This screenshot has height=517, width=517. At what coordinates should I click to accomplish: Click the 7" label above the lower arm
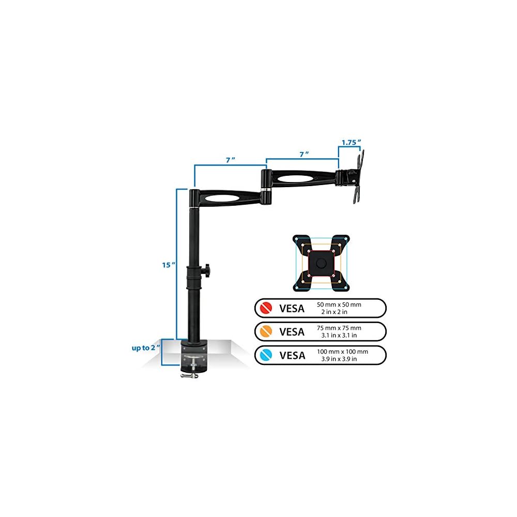pos(230,160)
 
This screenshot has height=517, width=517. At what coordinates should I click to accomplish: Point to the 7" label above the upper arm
pos(305,154)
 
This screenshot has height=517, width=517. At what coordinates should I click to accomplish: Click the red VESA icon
pos(267,309)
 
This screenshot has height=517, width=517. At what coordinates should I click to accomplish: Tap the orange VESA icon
pos(267,331)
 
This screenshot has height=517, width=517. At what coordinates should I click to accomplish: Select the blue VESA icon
pos(267,355)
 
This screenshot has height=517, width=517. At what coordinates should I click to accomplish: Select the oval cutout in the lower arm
pos(226,198)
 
